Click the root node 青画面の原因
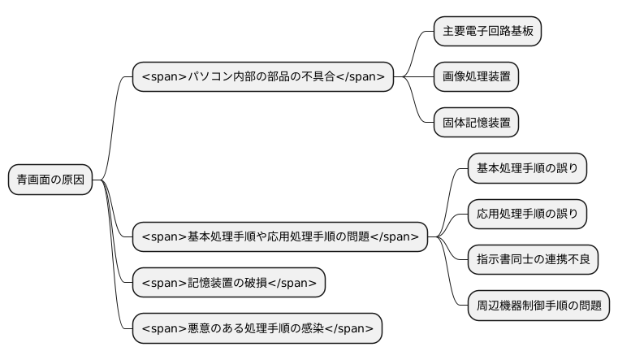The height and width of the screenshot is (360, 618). pos(50,180)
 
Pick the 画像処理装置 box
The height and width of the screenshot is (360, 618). pos(476,77)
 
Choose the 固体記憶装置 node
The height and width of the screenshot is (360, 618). pos(476,123)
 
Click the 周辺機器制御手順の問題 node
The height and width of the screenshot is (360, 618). pos(538,306)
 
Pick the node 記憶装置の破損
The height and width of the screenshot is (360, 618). pos(229,283)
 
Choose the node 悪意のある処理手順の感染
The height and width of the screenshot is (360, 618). pos(257,328)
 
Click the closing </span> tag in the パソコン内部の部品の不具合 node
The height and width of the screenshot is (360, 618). pos(361,77)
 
